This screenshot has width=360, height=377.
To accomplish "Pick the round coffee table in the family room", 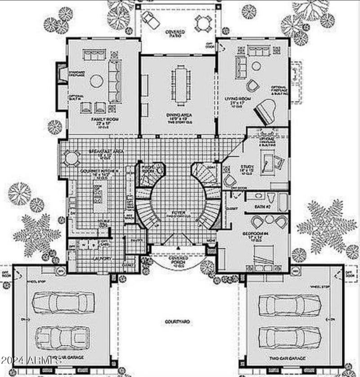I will pyautogui.click(x=97, y=81).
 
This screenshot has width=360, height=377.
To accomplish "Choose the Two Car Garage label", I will pyautogui.click(x=288, y=359).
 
